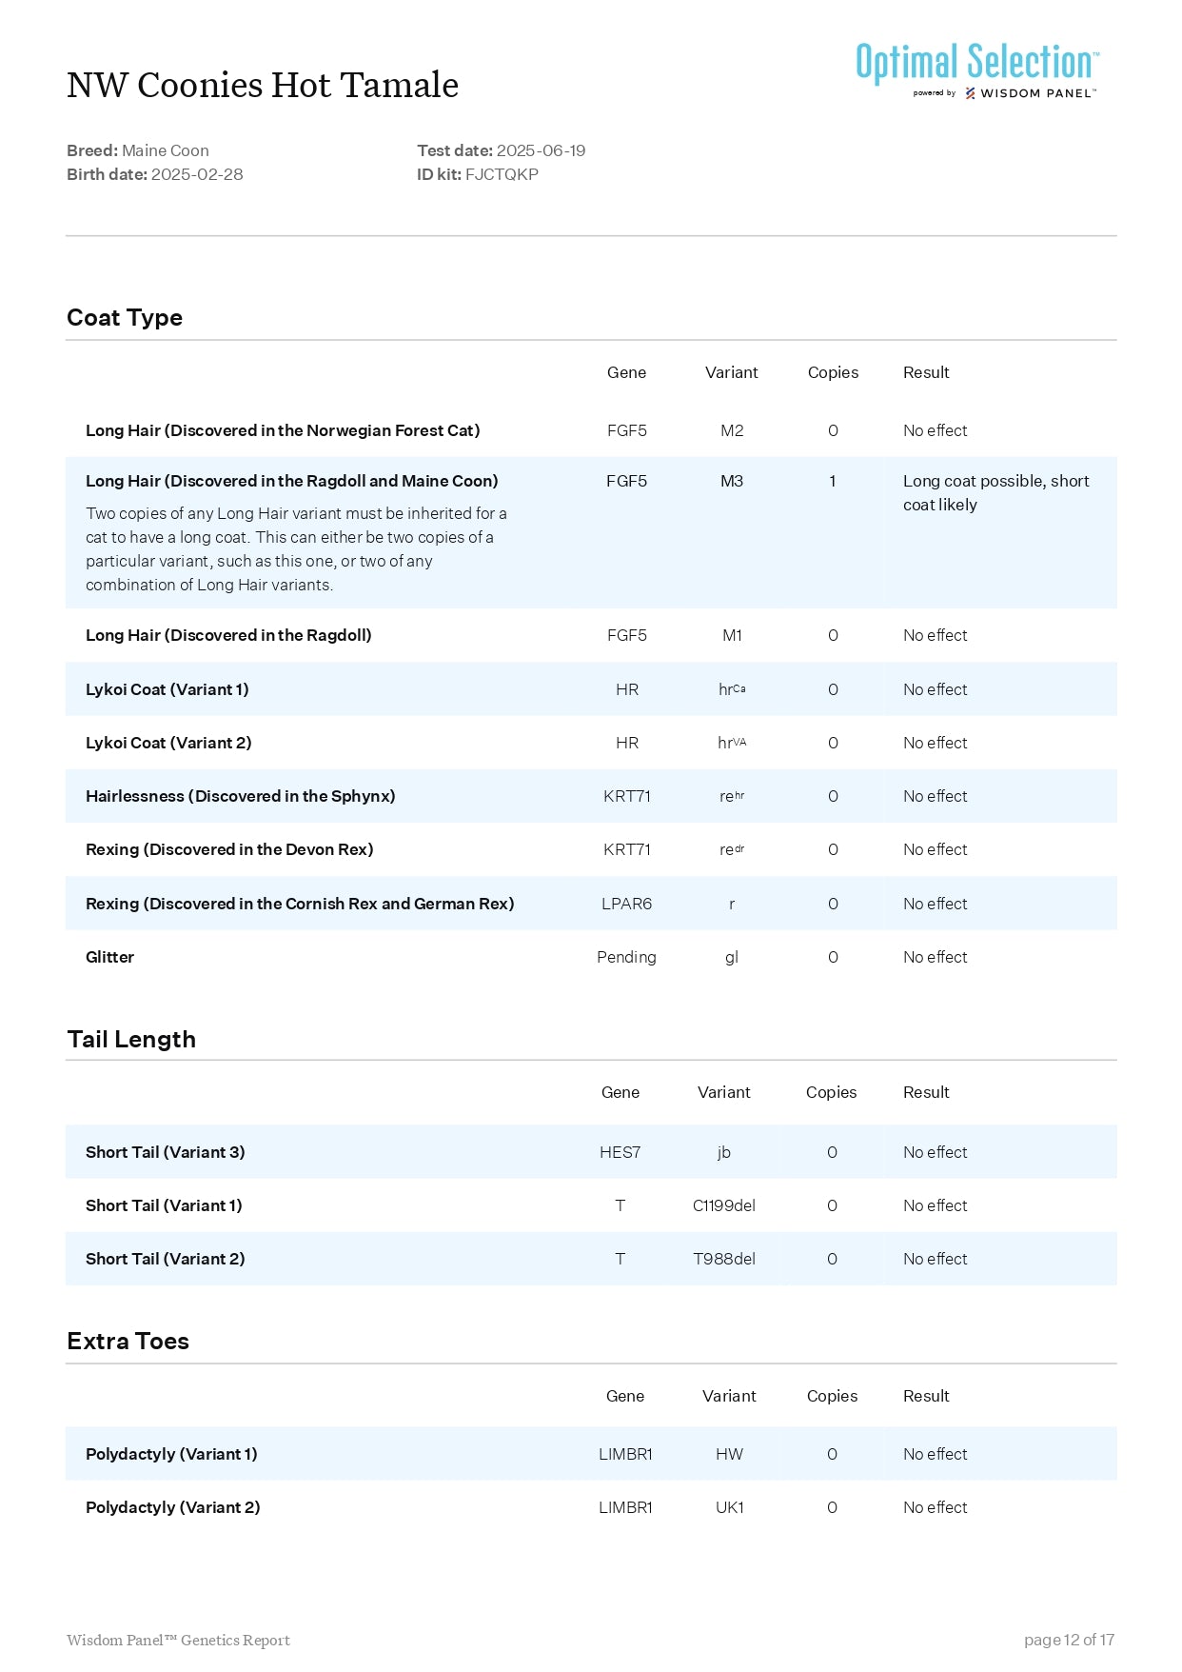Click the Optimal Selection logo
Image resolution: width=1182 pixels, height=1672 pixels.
977,69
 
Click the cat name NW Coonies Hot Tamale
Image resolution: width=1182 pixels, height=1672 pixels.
263,86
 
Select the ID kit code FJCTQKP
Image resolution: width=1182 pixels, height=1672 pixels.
502,174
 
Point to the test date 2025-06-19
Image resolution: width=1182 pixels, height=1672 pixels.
541,150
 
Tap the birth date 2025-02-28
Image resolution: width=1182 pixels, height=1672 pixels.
197,174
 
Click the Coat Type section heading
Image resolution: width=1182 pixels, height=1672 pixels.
125,318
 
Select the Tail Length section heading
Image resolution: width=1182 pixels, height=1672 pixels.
131,1039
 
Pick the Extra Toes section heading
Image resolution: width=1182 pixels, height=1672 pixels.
128,1341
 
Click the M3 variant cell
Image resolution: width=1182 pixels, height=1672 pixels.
731,481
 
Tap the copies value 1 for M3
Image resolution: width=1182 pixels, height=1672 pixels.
832,481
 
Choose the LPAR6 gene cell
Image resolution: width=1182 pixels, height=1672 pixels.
626,904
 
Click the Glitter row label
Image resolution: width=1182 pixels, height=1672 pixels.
109,957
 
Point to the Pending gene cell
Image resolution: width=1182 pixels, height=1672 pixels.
626,957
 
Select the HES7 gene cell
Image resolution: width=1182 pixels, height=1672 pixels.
620,1152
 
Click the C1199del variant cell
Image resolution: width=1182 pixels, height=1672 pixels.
723,1205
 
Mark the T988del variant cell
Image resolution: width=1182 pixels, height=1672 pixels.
723,1259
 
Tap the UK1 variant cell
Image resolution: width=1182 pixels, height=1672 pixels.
729,1507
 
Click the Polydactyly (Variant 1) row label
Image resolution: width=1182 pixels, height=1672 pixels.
171,1454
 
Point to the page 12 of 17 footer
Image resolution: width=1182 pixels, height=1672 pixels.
1069,1640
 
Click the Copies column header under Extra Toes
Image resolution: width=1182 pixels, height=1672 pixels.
832,1396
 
